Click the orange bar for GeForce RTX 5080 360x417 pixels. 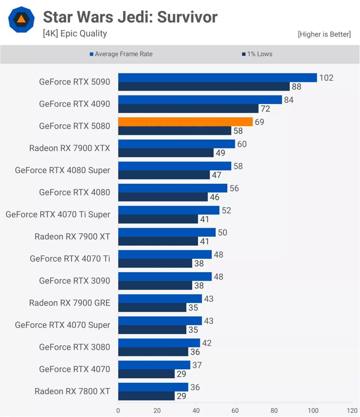pyautogui.click(x=185, y=122)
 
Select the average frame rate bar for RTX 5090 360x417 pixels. pyautogui.click(x=217, y=78)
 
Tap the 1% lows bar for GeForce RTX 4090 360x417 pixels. pyautogui.click(x=188, y=108)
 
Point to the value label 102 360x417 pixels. pyautogui.click(x=326, y=78)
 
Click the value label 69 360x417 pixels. pyautogui.click(x=259, y=122)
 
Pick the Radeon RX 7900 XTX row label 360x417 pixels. pyautogui.click(x=69, y=148)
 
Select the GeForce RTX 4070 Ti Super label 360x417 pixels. pyautogui.click(x=58, y=214)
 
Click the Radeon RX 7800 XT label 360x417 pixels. pyautogui.click(x=72, y=391)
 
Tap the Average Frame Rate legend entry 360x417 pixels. pyautogui.click(x=121, y=54)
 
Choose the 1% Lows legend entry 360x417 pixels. pyautogui.click(x=257, y=54)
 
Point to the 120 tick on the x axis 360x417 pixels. pyautogui.click(x=352, y=410)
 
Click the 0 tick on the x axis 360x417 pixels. pyautogui.click(x=118, y=410)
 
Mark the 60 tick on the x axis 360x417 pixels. pyautogui.click(x=235, y=410)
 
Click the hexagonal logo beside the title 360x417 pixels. pyautogui.click(x=21, y=20)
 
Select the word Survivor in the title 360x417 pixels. pyautogui.click(x=187, y=17)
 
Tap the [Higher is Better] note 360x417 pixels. pyautogui.click(x=324, y=34)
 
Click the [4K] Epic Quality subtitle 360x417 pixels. pyautogui.click(x=75, y=34)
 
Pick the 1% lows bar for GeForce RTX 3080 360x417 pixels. pyautogui.click(x=153, y=352)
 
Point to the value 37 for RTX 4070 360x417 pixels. pyautogui.click(x=197, y=365)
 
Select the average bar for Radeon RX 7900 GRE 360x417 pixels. pyautogui.click(x=160, y=299)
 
